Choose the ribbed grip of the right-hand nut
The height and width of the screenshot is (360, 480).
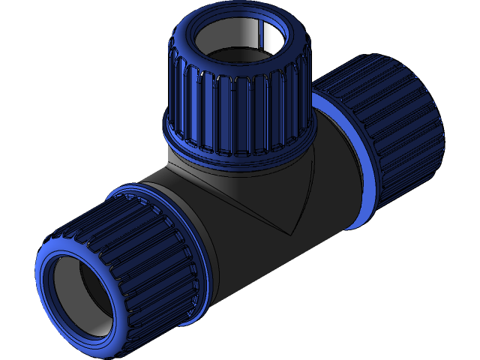(390, 135)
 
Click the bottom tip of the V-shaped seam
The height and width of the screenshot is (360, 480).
(289, 232)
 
